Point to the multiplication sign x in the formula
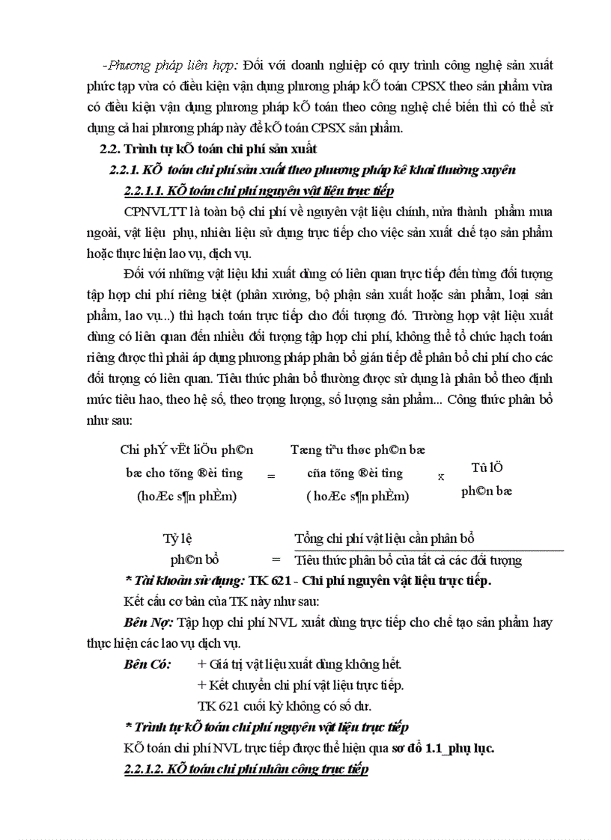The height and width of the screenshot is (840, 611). [x=440, y=476]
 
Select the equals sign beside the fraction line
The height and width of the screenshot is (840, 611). [x=276, y=560]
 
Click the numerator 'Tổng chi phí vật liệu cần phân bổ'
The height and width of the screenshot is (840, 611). [x=384, y=539]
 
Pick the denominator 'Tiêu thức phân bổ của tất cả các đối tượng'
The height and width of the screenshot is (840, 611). [x=408, y=560]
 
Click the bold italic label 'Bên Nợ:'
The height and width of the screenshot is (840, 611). [x=148, y=622]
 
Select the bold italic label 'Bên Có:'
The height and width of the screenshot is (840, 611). [x=147, y=663]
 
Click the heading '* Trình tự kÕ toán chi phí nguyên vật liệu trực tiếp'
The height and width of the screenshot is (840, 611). [x=266, y=726]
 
